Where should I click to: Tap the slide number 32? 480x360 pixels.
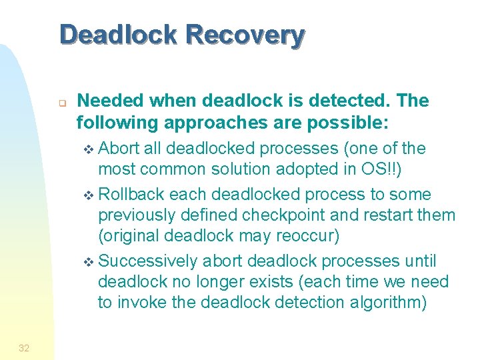click(x=24, y=347)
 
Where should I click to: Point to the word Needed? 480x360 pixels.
click(x=111, y=101)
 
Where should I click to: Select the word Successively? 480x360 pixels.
click(x=151, y=260)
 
